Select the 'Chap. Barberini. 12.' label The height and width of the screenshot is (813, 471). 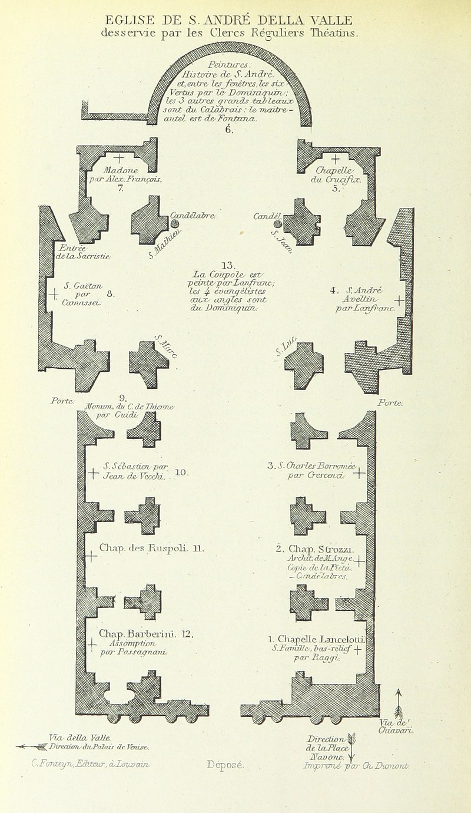(x=147, y=634)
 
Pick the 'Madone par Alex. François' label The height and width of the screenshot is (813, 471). (x=121, y=174)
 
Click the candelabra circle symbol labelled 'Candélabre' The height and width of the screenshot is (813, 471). (x=174, y=224)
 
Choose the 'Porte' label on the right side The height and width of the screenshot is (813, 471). (x=390, y=403)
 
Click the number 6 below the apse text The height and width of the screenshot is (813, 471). (x=227, y=130)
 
